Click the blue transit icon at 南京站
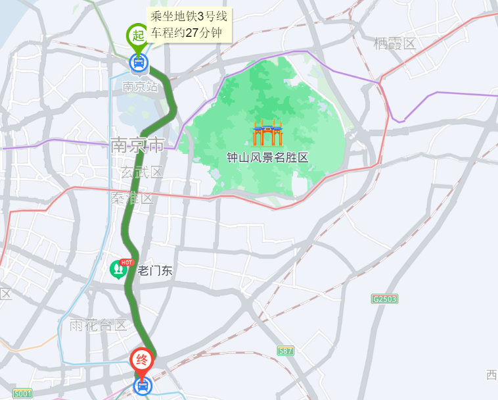pyautogui.click(x=138, y=63)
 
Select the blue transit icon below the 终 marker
pyautogui.click(x=142, y=385)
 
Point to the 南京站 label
pyautogui.click(x=140, y=86)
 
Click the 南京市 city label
pyautogui.click(x=137, y=145)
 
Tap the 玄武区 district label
pyautogui.click(x=142, y=172)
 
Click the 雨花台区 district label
pyautogui.click(x=98, y=324)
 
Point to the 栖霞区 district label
pyautogui.click(x=395, y=44)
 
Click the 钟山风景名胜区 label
pyautogui.click(x=267, y=157)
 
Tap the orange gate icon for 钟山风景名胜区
pyautogui.click(x=267, y=133)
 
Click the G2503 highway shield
pyautogui.click(x=385, y=299)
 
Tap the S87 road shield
pyautogui.click(x=286, y=351)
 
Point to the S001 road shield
pyautogui.click(x=22, y=393)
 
